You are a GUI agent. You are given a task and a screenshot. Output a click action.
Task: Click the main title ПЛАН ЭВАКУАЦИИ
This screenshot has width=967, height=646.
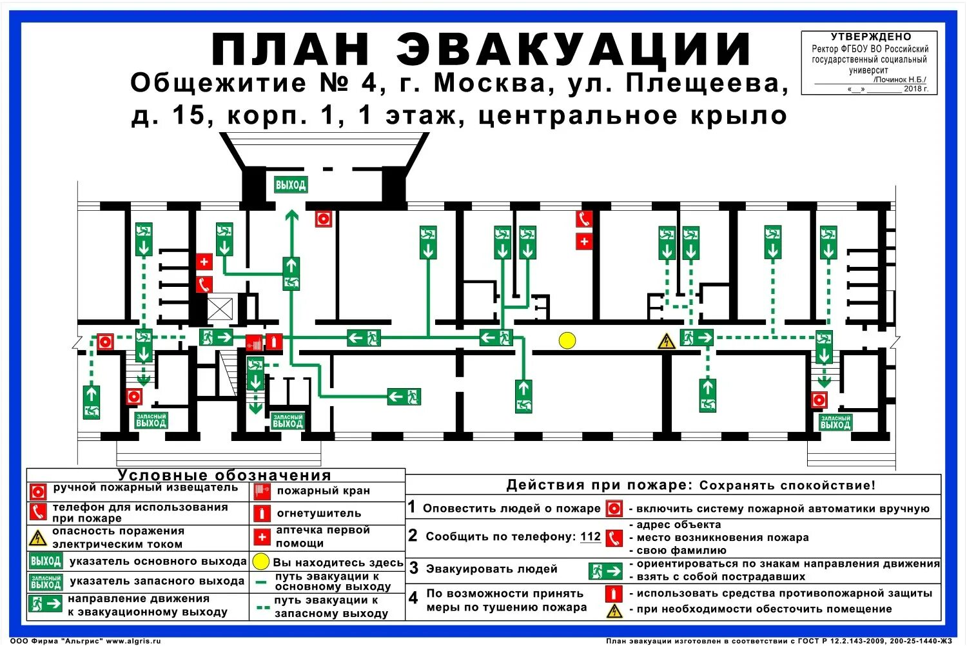click(x=482, y=50)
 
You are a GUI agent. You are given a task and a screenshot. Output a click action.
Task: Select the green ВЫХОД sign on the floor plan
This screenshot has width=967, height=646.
click(x=291, y=185)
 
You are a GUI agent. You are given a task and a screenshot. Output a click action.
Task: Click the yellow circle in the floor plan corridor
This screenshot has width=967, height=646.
click(x=567, y=340)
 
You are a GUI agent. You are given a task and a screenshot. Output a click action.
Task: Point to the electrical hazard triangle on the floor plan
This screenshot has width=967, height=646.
click(x=666, y=341)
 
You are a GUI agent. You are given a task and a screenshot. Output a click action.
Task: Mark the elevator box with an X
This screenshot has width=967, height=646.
click(x=219, y=309)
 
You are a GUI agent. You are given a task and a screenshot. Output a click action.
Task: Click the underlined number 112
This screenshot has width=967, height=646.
click(x=590, y=536)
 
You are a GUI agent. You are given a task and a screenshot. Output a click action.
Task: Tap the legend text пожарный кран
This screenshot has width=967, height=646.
click(x=323, y=491)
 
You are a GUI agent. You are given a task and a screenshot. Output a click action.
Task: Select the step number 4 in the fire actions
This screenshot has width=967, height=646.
click(x=413, y=598)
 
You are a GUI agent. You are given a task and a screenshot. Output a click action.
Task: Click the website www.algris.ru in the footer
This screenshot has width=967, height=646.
click(x=133, y=641)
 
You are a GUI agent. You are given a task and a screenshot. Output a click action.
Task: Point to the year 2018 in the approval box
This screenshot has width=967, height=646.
click(x=913, y=89)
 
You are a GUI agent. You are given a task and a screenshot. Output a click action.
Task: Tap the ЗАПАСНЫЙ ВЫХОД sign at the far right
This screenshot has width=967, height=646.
click(x=835, y=422)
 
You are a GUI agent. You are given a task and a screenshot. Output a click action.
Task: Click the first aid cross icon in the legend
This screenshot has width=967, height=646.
click(x=262, y=536)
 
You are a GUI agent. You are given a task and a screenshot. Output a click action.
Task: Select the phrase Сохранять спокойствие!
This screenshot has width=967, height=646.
click(x=788, y=485)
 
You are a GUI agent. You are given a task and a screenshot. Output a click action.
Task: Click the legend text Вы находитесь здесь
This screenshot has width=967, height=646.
click(x=338, y=562)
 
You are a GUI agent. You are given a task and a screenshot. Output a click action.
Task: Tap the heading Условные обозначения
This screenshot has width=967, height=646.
click(x=224, y=475)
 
